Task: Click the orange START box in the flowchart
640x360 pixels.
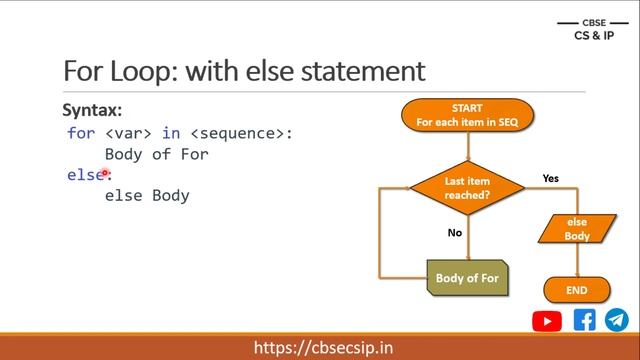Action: [467, 116]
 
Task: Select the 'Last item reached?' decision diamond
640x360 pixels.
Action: [467, 188]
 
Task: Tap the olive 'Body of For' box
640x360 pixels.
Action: [467, 278]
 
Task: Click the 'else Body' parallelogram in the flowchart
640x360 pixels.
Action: [577, 229]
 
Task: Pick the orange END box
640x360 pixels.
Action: [577, 290]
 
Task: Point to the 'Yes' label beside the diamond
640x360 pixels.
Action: [550, 178]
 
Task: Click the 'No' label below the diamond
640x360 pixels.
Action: [454, 232]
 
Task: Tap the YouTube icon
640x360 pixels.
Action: [547, 321]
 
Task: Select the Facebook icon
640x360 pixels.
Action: [584, 320]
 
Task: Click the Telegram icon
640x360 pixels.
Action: [616, 320]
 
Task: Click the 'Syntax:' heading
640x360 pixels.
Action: [92, 110]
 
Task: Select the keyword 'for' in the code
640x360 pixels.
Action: [81, 133]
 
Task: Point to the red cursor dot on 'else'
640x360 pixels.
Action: [104, 173]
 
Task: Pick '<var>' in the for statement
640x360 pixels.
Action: [125, 133]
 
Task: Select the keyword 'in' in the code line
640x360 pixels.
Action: [170, 133]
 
